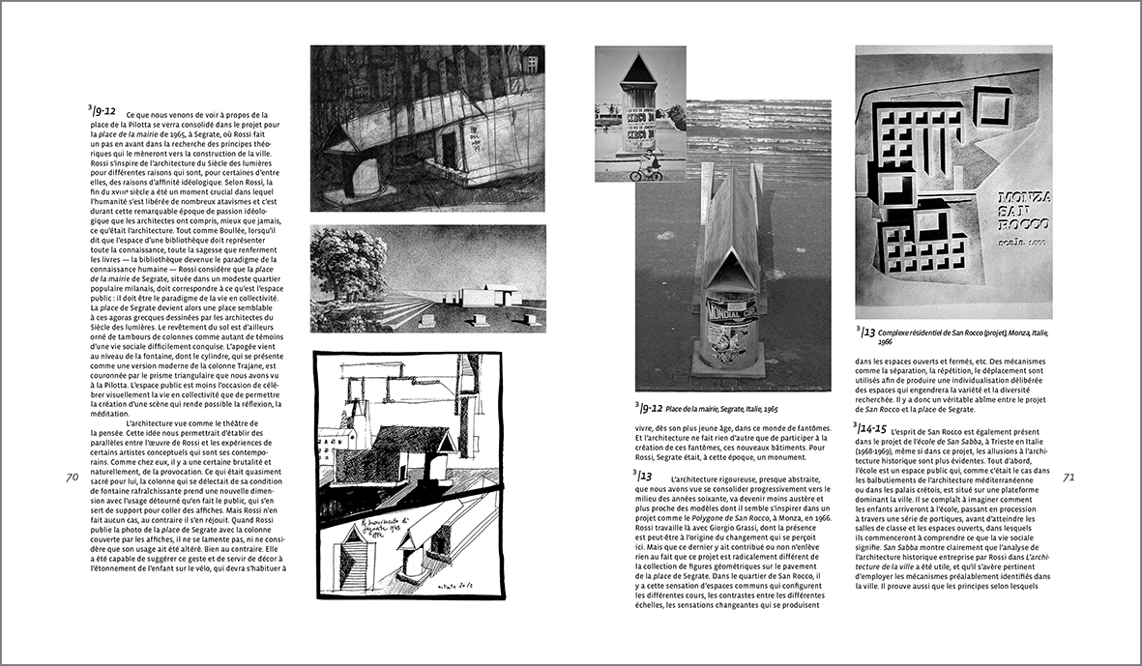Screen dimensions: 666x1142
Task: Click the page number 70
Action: click(72, 476)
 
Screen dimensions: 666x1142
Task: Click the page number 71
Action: click(1069, 476)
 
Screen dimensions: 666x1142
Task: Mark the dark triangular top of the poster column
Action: click(637, 70)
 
